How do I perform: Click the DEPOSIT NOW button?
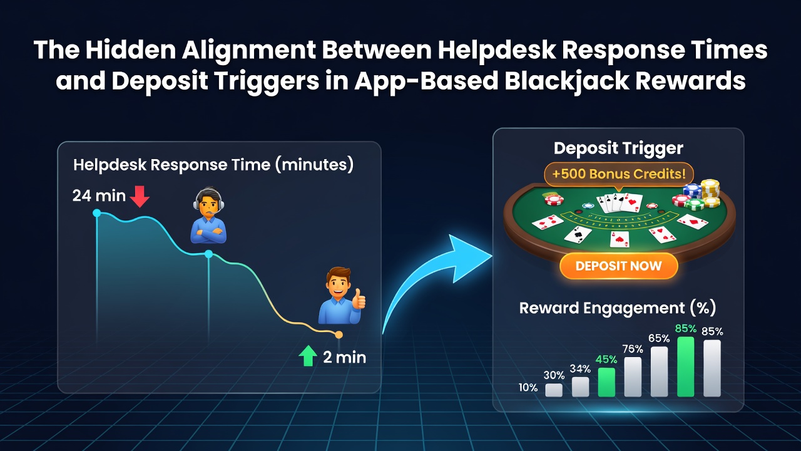[619, 266]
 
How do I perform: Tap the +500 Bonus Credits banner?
[619, 174]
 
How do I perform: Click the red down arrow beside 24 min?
[140, 197]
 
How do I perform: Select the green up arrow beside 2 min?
[308, 356]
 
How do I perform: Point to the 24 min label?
[99, 196]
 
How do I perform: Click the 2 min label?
[344, 358]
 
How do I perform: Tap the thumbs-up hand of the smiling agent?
[359, 299]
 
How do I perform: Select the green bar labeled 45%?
[606, 382]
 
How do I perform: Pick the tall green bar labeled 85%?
[685, 366]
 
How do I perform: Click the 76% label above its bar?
[633, 349]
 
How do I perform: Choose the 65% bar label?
[659, 338]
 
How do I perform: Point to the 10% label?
[528, 388]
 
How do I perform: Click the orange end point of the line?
[339, 334]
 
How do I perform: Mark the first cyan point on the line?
[96, 213]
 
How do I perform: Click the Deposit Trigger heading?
[618, 148]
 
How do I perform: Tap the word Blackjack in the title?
[567, 81]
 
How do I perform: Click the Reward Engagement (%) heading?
[618, 308]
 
